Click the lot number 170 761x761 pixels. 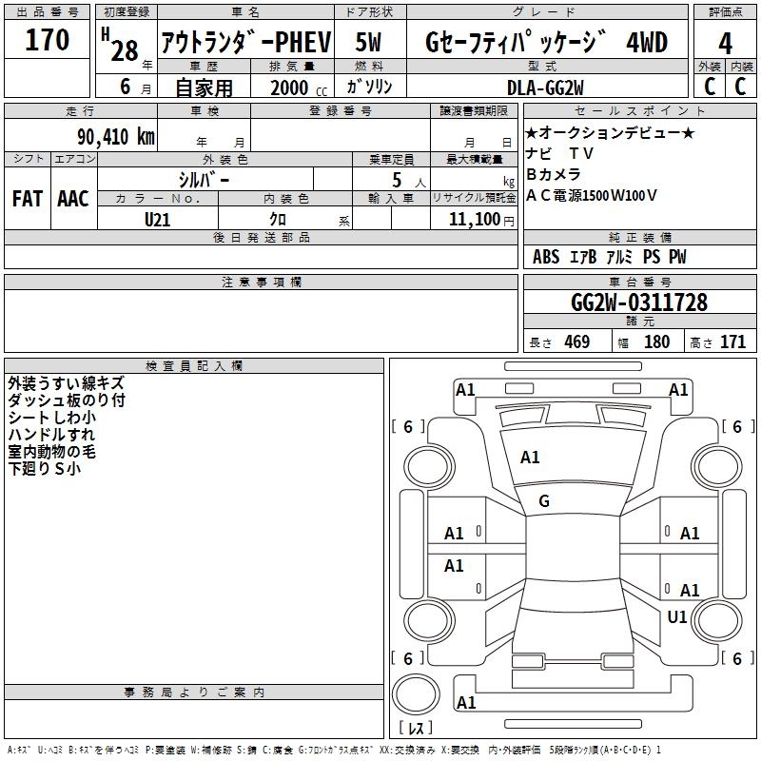48,40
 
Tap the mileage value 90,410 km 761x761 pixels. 112,136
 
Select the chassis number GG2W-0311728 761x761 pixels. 638,302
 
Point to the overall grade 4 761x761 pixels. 726,43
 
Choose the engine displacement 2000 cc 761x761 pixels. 289,88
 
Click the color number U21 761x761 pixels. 158,219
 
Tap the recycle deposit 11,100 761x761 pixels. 470,219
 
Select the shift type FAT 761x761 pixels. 27,199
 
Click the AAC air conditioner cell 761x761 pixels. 73,199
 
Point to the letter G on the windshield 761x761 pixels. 544,500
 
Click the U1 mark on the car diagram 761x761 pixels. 677,617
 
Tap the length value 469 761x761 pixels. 576,342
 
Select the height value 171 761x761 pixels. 732,342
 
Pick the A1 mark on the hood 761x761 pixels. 530,458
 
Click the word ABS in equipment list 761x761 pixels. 546,257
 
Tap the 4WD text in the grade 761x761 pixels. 647,43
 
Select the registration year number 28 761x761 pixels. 125,50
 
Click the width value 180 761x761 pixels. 656,342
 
